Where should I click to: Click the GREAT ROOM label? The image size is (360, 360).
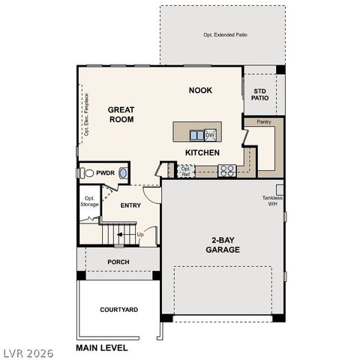click(x=121, y=113)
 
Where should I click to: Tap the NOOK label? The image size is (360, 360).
click(x=199, y=90)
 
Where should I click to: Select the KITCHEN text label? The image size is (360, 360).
click(x=202, y=152)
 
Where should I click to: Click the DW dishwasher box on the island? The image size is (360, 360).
click(x=210, y=135)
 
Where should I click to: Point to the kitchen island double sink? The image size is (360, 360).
click(x=196, y=135)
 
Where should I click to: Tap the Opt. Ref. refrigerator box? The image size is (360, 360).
click(x=186, y=170)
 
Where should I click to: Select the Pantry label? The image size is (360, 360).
click(x=263, y=121)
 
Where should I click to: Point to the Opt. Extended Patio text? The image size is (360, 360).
click(x=224, y=34)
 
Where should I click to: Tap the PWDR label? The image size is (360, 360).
click(x=105, y=172)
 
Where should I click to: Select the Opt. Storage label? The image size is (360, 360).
click(x=90, y=201)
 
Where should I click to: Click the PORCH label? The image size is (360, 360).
click(x=118, y=262)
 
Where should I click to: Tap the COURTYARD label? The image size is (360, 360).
click(x=118, y=309)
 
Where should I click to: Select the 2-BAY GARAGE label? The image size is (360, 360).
click(x=223, y=244)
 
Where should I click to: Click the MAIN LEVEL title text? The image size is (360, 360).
click(x=102, y=348)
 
